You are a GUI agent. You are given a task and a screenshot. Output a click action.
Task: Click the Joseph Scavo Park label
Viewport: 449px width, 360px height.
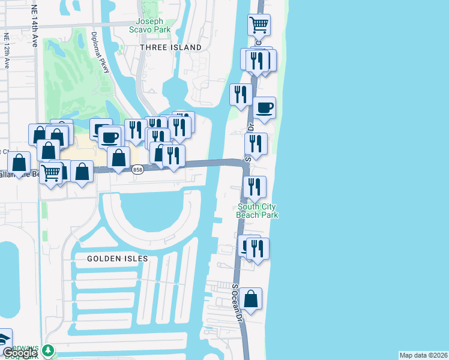(x=150, y=25)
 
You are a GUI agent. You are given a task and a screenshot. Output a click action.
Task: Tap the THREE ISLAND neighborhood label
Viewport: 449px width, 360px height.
(x=170, y=47)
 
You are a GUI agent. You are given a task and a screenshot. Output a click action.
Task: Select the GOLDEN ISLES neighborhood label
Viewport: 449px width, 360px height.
(x=117, y=259)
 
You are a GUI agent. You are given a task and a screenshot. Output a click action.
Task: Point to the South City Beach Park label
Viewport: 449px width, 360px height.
(x=258, y=211)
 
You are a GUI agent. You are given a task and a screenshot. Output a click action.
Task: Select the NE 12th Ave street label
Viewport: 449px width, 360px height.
(x=7, y=50)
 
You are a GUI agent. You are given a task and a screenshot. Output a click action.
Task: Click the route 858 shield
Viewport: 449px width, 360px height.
(x=137, y=171)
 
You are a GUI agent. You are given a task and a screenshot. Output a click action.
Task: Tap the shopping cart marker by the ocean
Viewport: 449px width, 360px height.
(x=259, y=25)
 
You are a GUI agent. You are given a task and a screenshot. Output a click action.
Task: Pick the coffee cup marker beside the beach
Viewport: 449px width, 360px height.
(x=264, y=108)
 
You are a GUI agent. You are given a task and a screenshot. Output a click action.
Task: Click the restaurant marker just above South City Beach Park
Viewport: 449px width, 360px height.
(x=255, y=187)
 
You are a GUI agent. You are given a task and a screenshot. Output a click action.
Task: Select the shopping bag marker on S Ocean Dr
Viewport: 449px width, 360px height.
(x=250, y=299)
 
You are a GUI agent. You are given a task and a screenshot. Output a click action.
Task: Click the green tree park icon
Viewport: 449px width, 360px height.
(x=48, y=350)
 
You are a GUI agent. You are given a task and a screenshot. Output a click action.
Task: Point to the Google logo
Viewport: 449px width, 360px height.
(x=20, y=353)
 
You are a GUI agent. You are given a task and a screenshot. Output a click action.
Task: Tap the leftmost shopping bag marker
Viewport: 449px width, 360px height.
(x=19, y=163)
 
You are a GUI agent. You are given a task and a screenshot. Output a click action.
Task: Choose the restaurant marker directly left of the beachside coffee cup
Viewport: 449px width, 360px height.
(x=240, y=94)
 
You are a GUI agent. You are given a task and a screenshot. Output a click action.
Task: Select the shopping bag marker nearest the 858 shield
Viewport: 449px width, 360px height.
(x=119, y=158)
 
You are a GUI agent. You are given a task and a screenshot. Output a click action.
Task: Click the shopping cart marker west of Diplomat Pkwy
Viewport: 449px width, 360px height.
(x=51, y=173)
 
